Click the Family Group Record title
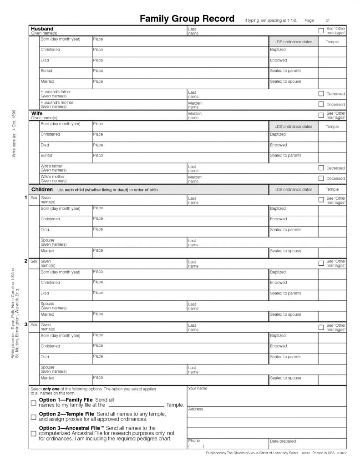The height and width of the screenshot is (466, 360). pos(187,19)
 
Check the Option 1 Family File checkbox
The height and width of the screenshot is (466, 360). pos(33,403)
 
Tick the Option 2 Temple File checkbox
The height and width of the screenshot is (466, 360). pos(33,417)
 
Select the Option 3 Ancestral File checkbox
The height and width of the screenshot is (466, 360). pos(33,434)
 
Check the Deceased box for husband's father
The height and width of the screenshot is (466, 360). pos(321,94)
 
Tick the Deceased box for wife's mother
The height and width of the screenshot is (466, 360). pos(321,178)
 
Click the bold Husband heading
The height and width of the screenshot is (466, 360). pos(42,29)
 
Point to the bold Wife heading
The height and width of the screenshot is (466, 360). pos(37,113)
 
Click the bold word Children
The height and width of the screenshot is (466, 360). pos(42,189)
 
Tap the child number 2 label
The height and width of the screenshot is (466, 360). pos(26,261)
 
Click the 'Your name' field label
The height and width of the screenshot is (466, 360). pos(198,388)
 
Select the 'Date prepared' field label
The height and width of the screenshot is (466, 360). pos(283,441)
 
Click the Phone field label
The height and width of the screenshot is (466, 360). pos(194,441)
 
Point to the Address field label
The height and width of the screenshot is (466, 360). pos(196,409)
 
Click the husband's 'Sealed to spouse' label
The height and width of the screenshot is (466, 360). pos(285,81)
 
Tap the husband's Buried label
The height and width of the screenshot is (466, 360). pos(46,71)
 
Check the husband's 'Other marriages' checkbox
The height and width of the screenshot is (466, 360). pos(321,31)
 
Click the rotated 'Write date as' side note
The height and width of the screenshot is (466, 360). pos(14,133)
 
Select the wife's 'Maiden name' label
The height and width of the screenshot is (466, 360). pos(194,116)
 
